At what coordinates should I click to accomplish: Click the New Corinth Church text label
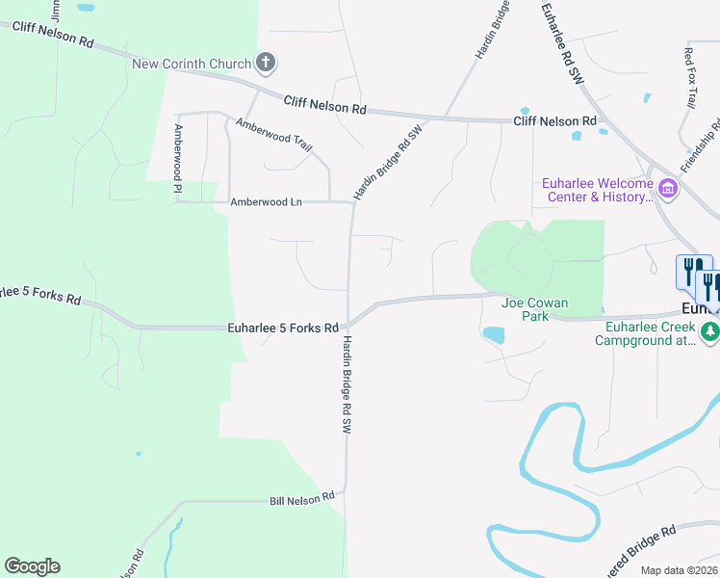point(192,65)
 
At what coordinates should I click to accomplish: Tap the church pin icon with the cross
point(267,64)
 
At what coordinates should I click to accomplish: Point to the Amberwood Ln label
point(266,202)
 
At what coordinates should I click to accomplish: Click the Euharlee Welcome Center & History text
point(598,190)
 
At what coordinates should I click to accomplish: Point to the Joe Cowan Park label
point(534,309)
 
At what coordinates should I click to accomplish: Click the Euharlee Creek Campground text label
point(644,333)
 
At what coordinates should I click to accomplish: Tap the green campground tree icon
point(710,332)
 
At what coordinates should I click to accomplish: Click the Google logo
point(32,566)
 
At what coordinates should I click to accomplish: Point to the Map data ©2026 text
point(679,570)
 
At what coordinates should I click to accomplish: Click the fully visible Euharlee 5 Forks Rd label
point(283,328)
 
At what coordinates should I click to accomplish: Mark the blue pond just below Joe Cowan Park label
point(493,335)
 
